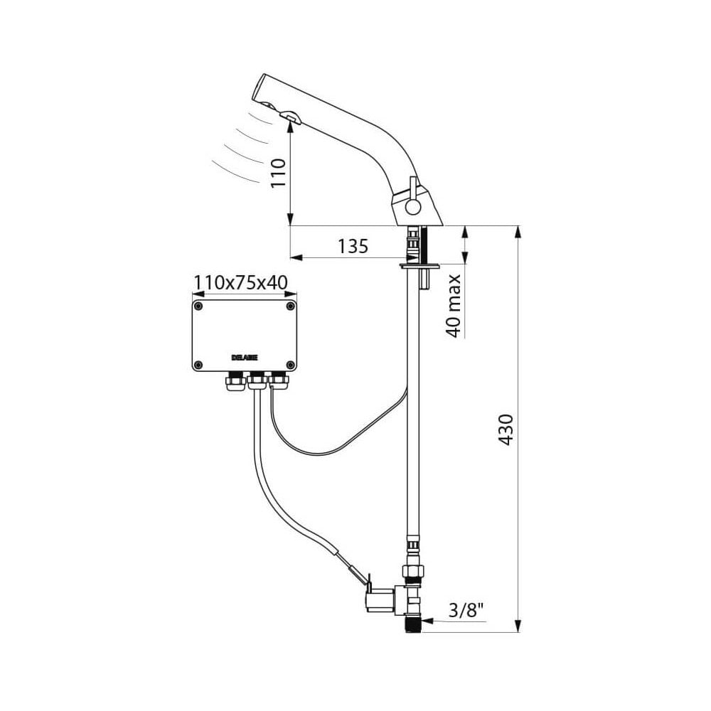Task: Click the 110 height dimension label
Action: tap(278, 172)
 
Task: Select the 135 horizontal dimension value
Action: tap(353, 247)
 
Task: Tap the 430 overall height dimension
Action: tap(506, 429)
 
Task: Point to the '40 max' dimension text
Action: tap(454, 305)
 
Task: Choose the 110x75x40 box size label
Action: tap(240, 283)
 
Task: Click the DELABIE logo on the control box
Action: tap(245, 358)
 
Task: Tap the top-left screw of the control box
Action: tap(198, 306)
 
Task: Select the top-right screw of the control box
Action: tap(290, 306)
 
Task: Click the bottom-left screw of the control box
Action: tap(198, 365)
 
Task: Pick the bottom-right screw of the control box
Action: tap(290, 365)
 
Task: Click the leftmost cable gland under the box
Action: tap(234, 383)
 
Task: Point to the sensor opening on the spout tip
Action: tap(289, 116)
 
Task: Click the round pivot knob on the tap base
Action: tap(413, 207)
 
